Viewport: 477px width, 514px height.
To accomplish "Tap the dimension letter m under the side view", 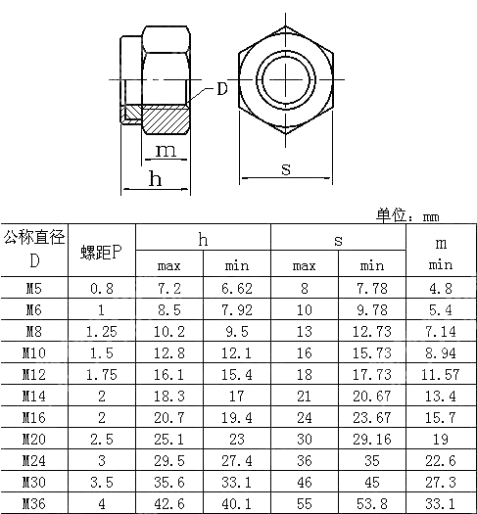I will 167,150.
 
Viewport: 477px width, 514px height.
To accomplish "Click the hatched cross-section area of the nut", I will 167,119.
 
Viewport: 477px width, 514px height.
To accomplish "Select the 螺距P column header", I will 102,252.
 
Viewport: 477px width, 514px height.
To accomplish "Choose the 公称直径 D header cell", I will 34,250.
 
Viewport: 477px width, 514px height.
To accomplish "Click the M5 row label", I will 34,289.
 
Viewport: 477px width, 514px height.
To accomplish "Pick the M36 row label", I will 34,503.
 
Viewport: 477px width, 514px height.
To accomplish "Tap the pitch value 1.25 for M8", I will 102,331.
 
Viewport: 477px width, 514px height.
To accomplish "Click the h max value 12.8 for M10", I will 169,352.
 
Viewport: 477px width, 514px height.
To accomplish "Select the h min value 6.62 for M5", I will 237,289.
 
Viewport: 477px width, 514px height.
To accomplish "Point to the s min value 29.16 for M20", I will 372,439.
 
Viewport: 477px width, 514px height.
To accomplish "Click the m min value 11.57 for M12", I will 440,374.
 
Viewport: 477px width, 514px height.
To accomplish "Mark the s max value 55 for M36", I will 305,503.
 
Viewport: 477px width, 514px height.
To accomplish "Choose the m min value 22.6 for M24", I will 440,460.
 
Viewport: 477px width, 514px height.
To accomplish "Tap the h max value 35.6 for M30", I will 169,482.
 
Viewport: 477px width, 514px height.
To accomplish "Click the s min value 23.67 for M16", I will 372,417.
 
